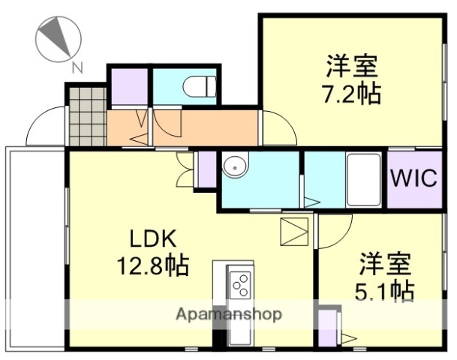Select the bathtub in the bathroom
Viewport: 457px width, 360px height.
pos(364,180)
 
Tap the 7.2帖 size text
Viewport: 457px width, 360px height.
pos(352,94)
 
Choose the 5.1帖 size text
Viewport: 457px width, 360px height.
pos(386,289)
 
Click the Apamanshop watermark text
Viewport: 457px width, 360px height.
pos(229,314)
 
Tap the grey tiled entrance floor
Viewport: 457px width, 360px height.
pos(86,117)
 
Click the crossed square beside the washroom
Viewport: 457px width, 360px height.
pos(293,232)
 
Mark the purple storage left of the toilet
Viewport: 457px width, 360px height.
pos(130,87)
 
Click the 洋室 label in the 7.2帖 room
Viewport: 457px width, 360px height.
pos(351,66)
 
